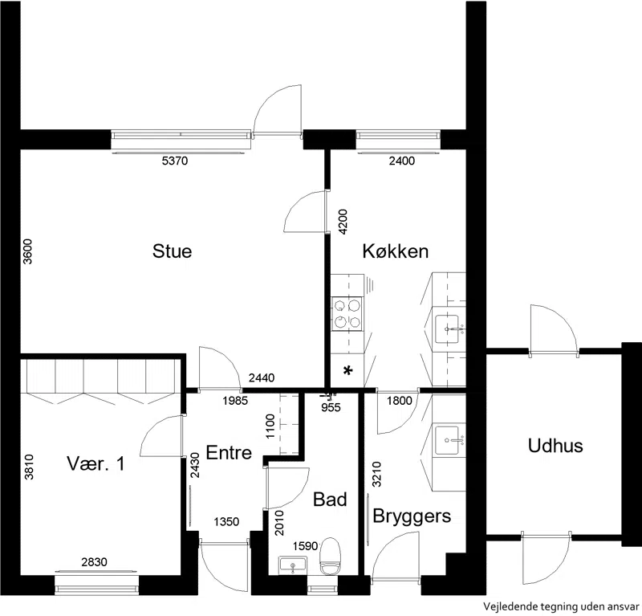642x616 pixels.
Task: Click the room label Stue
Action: coord(172,251)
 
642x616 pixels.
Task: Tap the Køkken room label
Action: coord(396,251)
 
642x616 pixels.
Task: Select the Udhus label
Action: coord(555,446)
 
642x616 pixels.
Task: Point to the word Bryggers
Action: coord(412,516)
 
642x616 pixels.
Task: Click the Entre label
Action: coord(229,452)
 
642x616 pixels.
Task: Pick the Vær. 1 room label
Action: coord(95,463)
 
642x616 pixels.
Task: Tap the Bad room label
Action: coord(330,500)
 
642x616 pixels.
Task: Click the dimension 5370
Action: coord(175,161)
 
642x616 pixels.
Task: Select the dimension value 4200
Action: coord(343,222)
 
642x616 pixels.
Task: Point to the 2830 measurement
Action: coord(94,562)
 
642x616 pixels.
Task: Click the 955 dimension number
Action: coord(331,407)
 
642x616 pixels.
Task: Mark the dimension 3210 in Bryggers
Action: coord(376,474)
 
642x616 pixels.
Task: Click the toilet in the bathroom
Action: coord(331,556)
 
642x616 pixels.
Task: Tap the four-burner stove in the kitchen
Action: coord(347,313)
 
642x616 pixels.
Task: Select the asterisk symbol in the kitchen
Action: coord(347,371)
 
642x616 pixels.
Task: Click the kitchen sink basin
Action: coord(447,328)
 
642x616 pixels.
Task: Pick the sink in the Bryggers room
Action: coord(447,440)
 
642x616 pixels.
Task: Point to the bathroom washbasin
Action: coord(293,565)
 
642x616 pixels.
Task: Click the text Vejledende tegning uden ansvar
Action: coord(561,606)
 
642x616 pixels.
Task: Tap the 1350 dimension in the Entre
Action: coord(226,522)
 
